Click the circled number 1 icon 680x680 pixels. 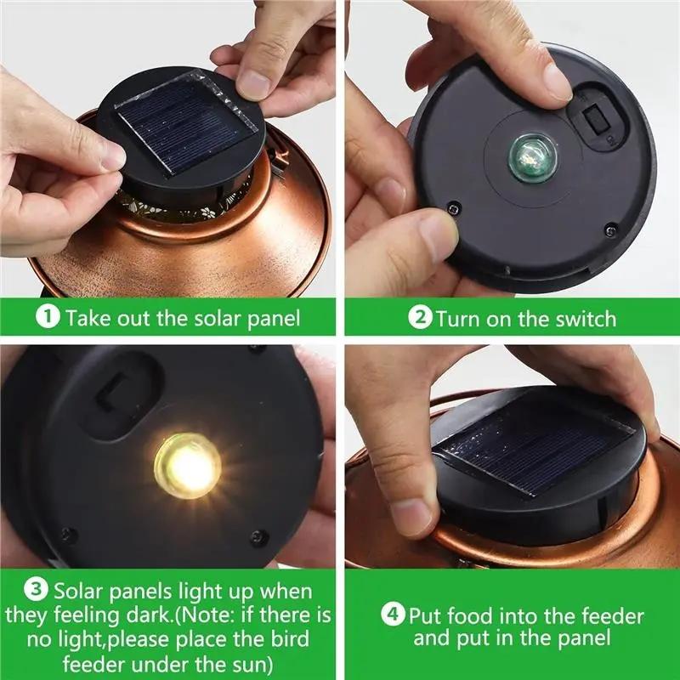click(49, 318)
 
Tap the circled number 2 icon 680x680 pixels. click(421, 319)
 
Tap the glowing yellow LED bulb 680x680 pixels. click(188, 463)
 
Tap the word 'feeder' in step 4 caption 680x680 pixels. click(603, 615)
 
